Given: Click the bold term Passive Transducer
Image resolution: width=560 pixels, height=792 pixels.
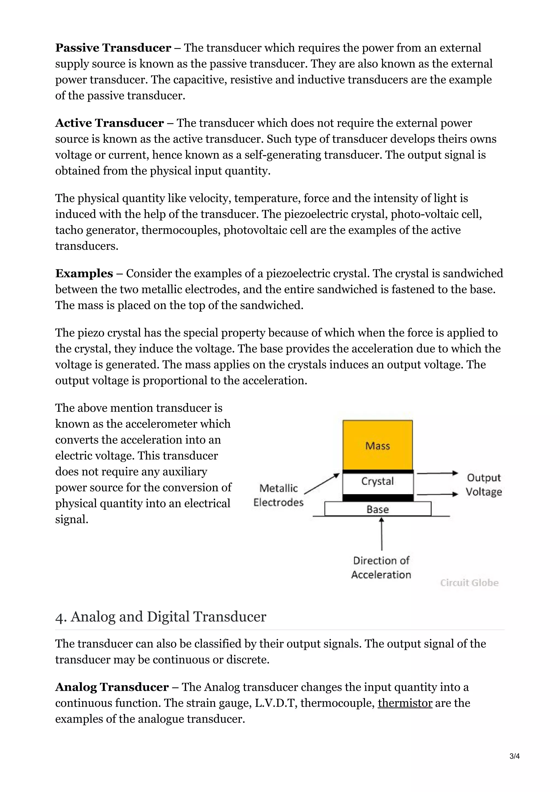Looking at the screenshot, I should pyautogui.click(x=113, y=48).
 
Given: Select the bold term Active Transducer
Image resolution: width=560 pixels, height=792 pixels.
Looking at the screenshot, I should pyautogui.click(x=109, y=123).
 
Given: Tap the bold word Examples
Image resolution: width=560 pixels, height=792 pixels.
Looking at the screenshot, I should pyautogui.click(x=84, y=274).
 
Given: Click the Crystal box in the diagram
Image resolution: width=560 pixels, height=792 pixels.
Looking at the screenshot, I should pyautogui.click(x=377, y=482).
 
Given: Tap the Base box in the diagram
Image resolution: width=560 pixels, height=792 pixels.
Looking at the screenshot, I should pyautogui.click(x=377, y=509).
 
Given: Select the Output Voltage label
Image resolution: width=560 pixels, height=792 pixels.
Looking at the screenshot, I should pyautogui.click(x=483, y=485).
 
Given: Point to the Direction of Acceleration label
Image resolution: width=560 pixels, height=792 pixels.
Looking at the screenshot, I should pyautogui.click(x=381, y=567).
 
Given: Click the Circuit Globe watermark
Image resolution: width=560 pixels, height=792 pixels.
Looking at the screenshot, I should pyautogui.click(x=469, y=583).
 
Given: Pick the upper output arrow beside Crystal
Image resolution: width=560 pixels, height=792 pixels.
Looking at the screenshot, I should pyautogui.click(x=437, y=473).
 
